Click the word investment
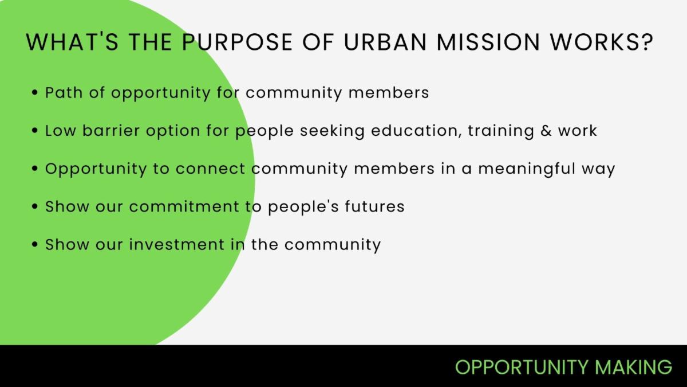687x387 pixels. (176, 245)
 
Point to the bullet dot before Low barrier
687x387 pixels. (35, 131)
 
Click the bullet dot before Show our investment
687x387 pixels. (35, 245)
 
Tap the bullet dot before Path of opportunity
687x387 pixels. (35, 92)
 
